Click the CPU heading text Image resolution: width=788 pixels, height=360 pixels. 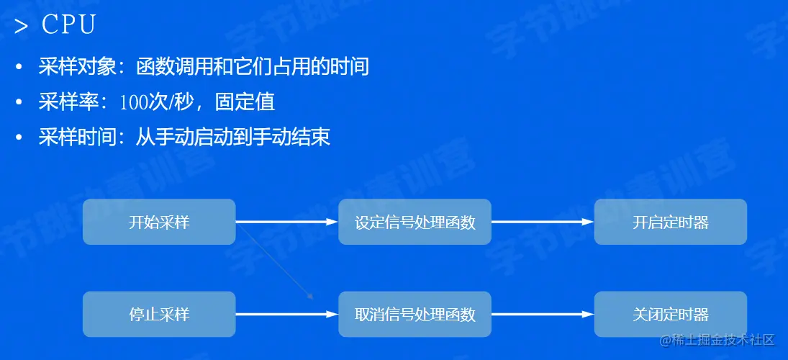point(69,25)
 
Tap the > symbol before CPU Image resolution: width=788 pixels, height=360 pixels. point(22,27)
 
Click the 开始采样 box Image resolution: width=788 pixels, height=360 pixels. point(159,222)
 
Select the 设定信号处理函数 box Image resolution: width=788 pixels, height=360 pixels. point(415,222)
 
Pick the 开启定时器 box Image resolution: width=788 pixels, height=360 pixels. point(671,222)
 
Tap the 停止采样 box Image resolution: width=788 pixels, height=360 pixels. point(159,314)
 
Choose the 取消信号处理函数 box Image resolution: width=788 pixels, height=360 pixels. point(415,314)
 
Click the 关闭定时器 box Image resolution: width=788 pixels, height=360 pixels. point(671,314)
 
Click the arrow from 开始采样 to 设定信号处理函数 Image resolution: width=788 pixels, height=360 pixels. point(286,222)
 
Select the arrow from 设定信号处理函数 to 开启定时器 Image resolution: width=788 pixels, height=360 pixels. point(543,222)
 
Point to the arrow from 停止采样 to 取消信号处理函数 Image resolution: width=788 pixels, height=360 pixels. point(286,314)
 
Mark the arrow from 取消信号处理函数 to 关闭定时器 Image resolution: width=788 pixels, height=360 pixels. point(543,314)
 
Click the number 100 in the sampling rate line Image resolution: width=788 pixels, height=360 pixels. point(134,102)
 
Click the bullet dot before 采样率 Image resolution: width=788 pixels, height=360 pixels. point(19,102)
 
